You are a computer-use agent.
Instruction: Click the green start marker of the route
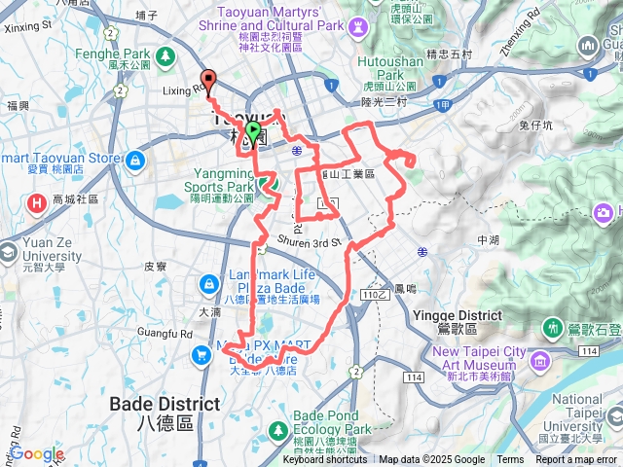point(253,130)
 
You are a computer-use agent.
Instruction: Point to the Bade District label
point(152,405)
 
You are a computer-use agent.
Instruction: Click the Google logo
point(37,453)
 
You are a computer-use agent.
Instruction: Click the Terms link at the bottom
point(510,460)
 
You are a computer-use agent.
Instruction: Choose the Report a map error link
point(576,460)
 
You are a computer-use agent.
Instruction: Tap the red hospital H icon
point(37,202)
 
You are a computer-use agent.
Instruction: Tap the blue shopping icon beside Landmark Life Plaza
point(207,284)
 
